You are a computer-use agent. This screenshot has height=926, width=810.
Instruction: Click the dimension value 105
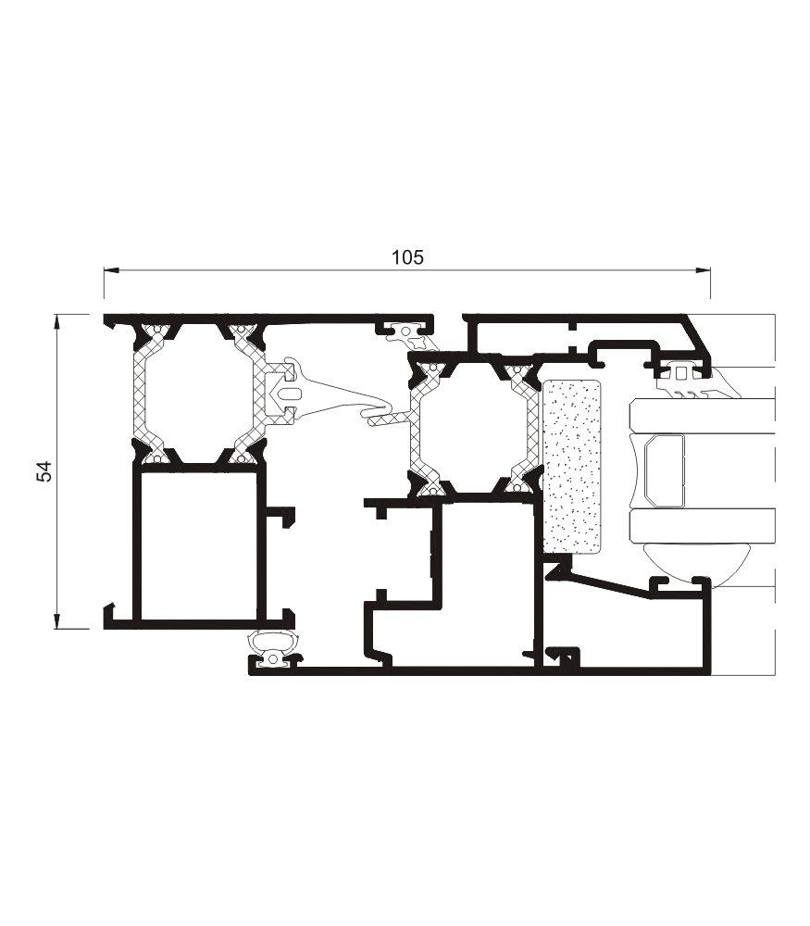pyautogui.click(x=406, y=257)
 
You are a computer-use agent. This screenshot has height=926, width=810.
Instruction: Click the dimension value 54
pyautogui.click(x=44, y=470)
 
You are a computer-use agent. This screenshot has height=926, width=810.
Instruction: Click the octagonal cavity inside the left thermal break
pyautogui.click(x=195, y=391)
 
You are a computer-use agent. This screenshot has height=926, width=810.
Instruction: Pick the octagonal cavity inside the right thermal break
pyautogui.click(x=472, y=426)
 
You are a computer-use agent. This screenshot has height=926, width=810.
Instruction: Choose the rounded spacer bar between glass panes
pyautogui.click(x=663, y=470)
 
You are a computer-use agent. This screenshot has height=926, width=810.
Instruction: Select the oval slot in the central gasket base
pyautogui.click(x=289, y=394)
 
